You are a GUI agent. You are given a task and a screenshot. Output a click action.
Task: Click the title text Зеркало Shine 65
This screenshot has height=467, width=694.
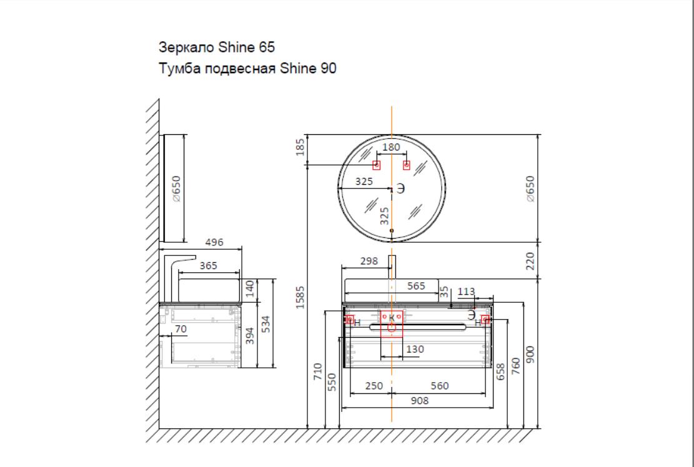[x=216, y=47]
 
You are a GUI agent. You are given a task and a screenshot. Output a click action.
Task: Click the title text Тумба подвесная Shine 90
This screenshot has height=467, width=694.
[x=247, y=69]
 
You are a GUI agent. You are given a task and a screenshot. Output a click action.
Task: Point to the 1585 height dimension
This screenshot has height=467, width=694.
[x=300, y=297]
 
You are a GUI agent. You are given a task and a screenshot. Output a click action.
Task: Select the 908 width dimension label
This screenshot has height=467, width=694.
[x=420, y=401]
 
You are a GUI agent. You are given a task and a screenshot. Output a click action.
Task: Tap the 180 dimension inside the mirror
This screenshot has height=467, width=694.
[x=391, y=147]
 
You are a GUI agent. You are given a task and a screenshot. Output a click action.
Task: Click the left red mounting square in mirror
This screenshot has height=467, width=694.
[x=376, y=165]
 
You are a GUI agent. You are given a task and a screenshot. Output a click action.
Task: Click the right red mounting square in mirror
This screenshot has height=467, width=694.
[x=406, y=165]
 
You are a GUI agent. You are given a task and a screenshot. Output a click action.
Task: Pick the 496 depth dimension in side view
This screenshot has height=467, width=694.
[x=215, y=242]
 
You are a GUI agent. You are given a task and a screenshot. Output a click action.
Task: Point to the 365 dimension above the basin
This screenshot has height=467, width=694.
[x=208, y=266]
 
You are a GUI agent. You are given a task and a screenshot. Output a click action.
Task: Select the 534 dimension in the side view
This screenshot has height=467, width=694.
[x=265, y=324]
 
